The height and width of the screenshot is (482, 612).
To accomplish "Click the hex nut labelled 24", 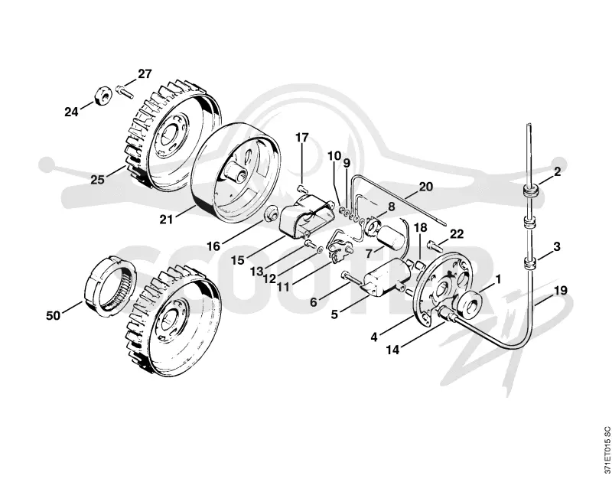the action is [103, 96].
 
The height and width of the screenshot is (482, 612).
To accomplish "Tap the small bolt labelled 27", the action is [125, 91].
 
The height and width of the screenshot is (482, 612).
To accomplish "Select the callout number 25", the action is [98, 180].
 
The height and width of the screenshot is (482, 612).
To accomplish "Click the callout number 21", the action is [166, 220].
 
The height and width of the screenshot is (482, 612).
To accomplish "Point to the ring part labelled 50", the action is [110, 285].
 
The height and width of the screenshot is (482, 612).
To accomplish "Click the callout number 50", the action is [54, 315].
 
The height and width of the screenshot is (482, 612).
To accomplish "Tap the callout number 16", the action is [213, 246].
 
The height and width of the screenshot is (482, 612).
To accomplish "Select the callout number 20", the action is [426, 187].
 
